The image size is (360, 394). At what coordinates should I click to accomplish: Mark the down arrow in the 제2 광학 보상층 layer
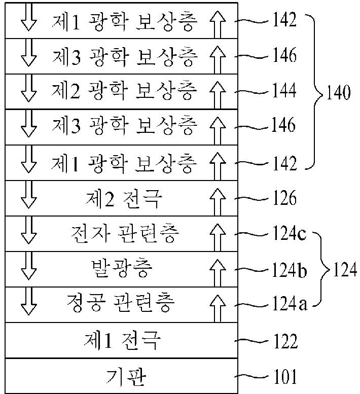28,91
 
